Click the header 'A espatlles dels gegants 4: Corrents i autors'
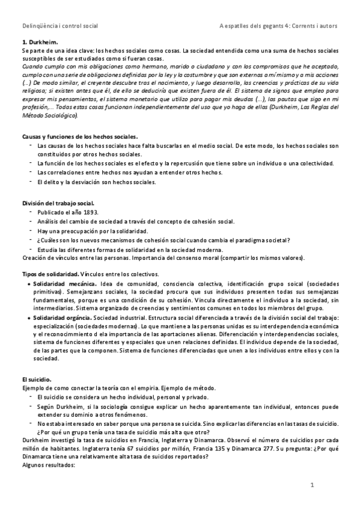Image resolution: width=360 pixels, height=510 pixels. pos(279,26)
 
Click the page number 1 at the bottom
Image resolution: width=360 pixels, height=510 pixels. pos(313,484)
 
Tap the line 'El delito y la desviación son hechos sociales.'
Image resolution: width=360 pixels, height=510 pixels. pos(96,182)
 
